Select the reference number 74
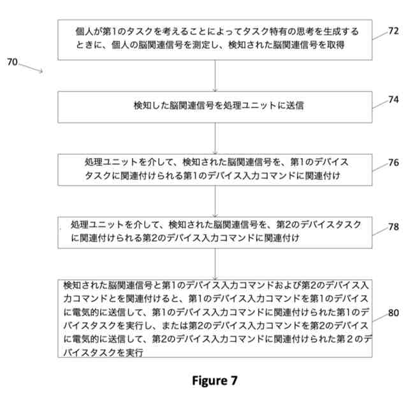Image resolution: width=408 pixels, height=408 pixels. (393, 99)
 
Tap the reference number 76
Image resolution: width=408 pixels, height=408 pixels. (393, 163)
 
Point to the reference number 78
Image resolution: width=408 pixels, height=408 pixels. (393, 226)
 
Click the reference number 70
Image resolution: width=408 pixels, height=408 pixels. (12, 62)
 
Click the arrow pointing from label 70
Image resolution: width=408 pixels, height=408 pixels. (32, 68)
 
